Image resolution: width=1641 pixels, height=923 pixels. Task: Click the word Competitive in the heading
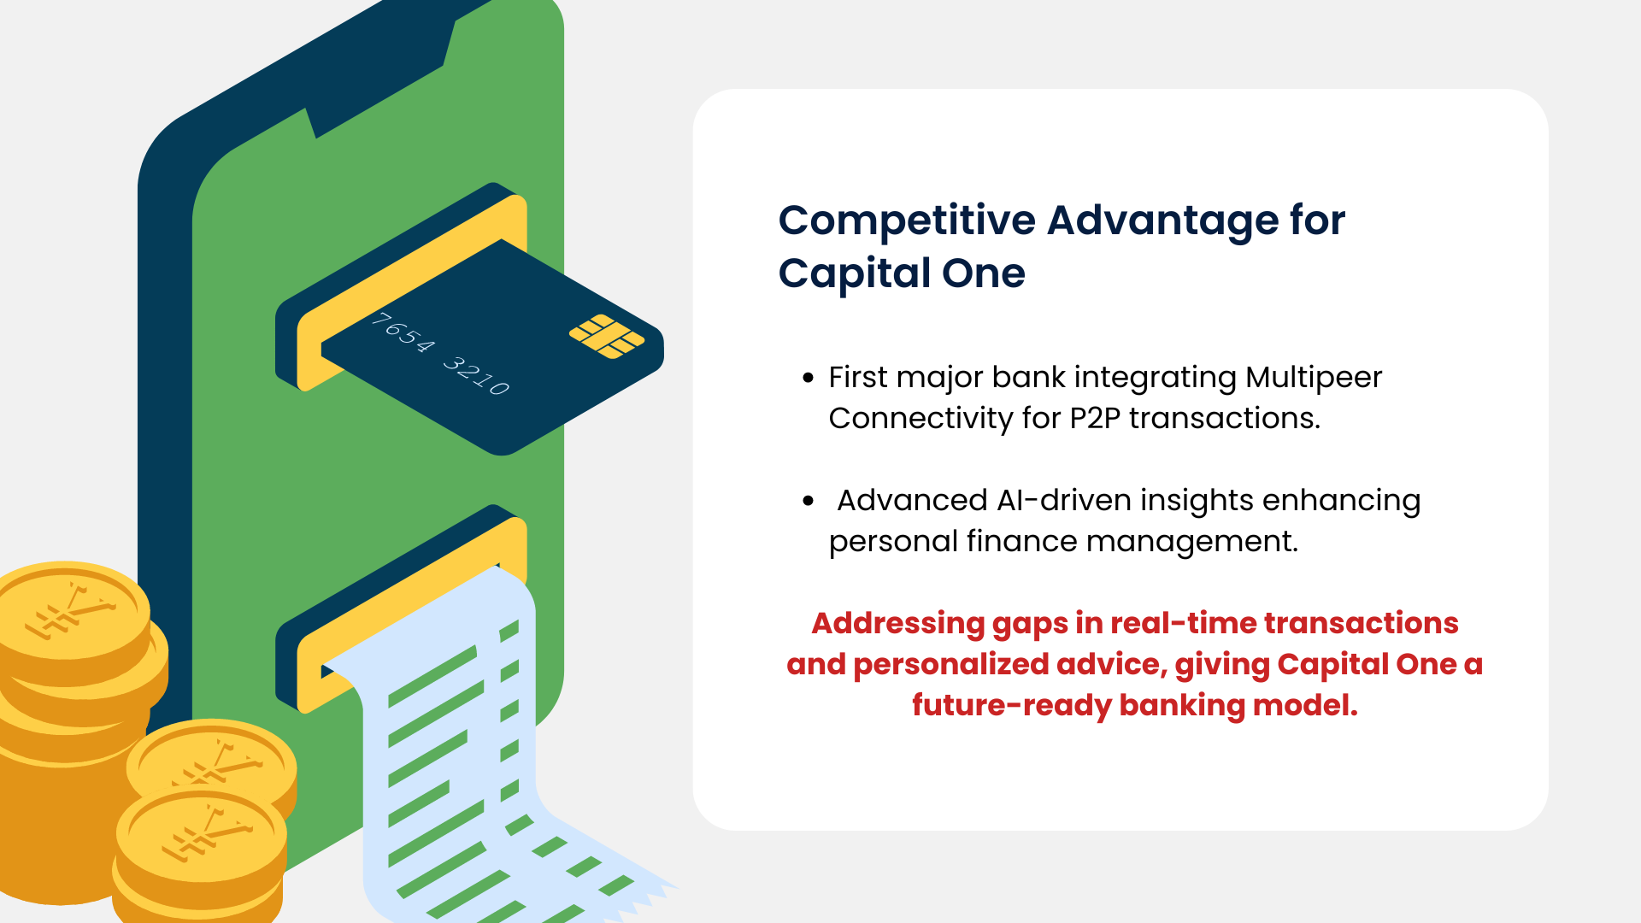tap(907, 221)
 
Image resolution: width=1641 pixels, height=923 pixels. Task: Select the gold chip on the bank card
tap(607, 336)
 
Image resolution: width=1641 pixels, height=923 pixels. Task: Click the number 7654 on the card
tap(403, 332)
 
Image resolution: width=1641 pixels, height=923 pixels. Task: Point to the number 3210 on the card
tap(477, 374)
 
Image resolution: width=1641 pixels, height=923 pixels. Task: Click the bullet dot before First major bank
tap(809, 378)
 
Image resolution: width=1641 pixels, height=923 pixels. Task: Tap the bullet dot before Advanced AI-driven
tap(809, 501)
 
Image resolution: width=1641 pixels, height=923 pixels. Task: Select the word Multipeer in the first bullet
tap(1314, 378)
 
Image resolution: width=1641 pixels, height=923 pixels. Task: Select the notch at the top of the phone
tap(379, 77)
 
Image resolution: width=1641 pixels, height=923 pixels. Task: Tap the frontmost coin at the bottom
tap(201, 838)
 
